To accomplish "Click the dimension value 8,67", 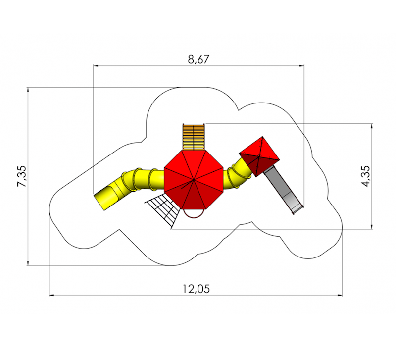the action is pos(198,59).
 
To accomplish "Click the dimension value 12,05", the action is pos(196,289).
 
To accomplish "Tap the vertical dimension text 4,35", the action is pos(366,176).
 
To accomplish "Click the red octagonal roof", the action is pos(194,180).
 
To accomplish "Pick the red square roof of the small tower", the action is pos(259,156).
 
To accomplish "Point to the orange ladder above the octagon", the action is pos(194,137).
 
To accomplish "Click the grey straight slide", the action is pos(283,190).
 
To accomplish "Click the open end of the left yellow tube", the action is pos(99,202).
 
